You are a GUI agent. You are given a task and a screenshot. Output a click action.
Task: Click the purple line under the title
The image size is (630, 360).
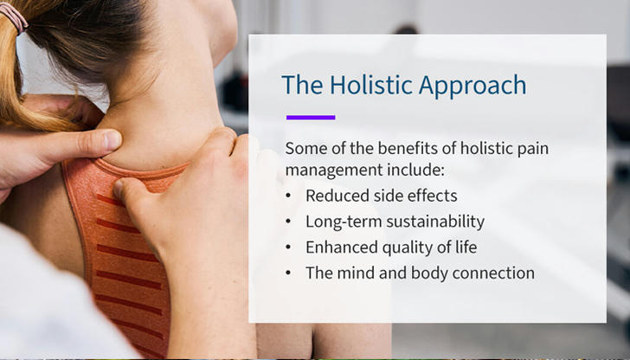coord(311,118)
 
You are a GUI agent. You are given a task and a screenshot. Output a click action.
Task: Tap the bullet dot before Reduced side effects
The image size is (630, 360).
coord(288,196)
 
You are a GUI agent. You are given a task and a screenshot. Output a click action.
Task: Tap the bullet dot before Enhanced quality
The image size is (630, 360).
coord(288,247)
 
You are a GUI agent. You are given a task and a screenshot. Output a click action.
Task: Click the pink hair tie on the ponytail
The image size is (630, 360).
coord(14,16)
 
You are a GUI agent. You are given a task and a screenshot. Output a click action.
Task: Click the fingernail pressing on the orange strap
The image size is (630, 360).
coord(118,188)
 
